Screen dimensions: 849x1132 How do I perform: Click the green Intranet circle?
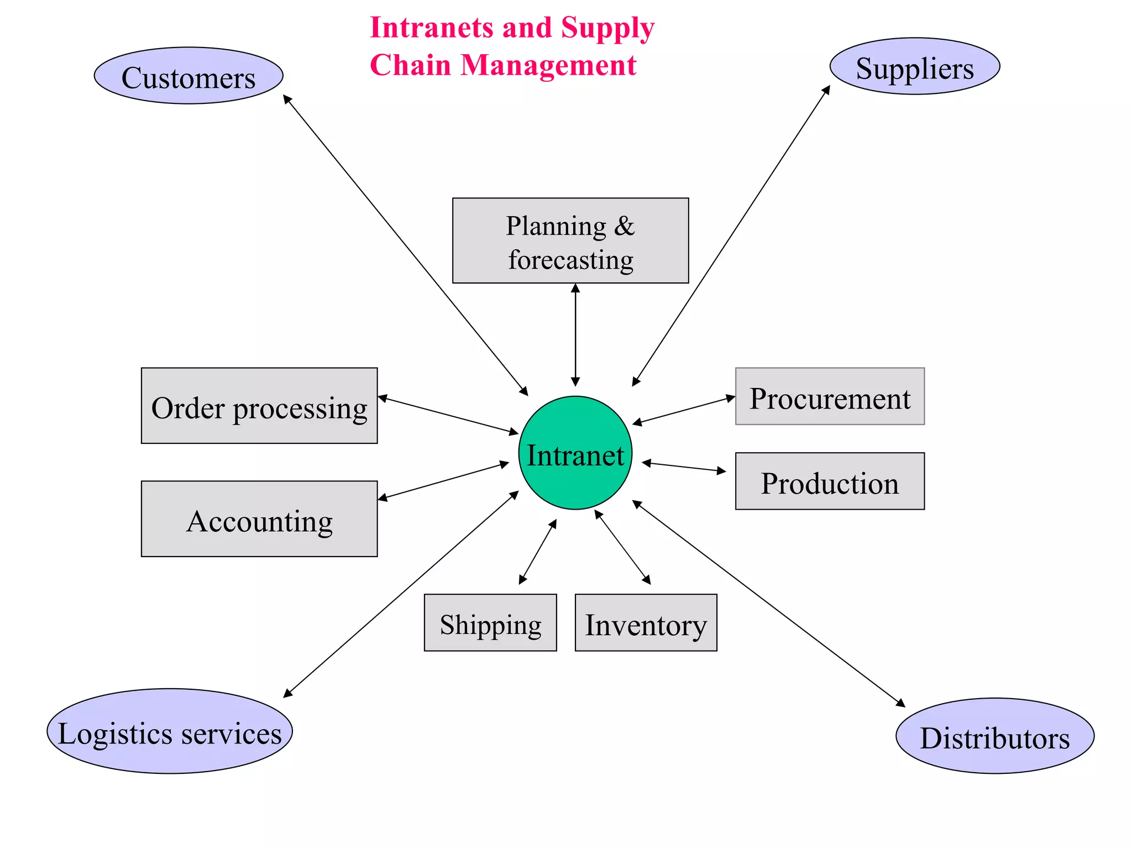pyautogui.click(x=575, y=453)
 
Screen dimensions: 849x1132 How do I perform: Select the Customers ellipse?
pyautogui.click(x=188, y=76)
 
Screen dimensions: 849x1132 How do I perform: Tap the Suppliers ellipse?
pyautogui.click(x=915, y=66)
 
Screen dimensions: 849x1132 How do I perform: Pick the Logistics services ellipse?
pyautogui.click(x=170, y=731)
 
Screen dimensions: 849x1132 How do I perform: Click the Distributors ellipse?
pyautogui.click(x=995, y=736)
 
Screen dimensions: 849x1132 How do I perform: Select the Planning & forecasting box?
pyautogui.click(x=570, y=241)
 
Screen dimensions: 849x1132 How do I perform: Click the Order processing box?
pyautogui.click(x=259, y=406)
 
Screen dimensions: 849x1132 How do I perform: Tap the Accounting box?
pyautogui.click(x=259, y=518)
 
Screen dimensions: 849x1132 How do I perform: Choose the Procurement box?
pyautogui.click(x=830, y=396)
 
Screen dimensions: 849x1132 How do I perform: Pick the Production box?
pyautogui.click(x=830, y=481)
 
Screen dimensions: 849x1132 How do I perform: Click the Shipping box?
pyautogui.click(x=490, y=623)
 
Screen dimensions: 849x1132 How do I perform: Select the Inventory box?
pyautogui.click(x=646, y=623)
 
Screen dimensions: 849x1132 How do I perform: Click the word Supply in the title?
pyautogui.click(x=607, y=28)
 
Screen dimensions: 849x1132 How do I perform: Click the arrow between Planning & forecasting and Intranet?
pyautogui.click(x=575, y=335)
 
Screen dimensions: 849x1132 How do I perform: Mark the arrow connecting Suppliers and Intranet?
pyautogui.click(x=731, y=236)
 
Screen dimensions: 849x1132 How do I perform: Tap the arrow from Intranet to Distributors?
pyautogui.click(x=768, y=604)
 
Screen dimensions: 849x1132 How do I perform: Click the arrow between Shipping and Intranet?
pyautogui.click(x=537, y=552)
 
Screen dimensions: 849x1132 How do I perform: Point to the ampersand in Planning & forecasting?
pyautogui.click(x=624, y=226)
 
